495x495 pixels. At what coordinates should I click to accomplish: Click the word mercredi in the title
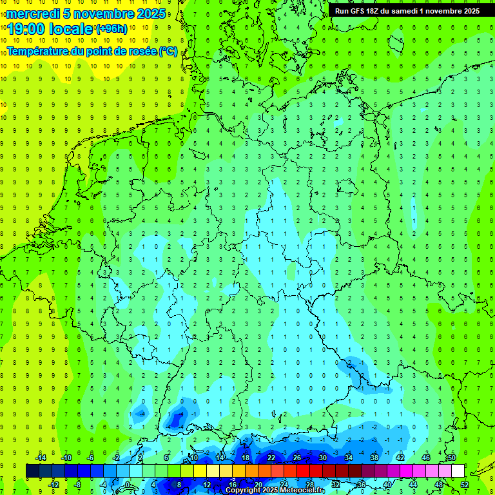[32, 14]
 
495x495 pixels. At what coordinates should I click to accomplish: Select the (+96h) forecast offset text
[112, 28]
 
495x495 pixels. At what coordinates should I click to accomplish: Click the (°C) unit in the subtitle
[168, 51]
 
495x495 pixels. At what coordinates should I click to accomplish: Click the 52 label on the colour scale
[465, 485]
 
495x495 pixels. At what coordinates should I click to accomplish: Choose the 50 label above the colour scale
[452, 458]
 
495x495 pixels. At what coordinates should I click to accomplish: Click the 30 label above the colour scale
[323, 458]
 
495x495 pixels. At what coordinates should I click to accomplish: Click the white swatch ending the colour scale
[458, 471]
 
